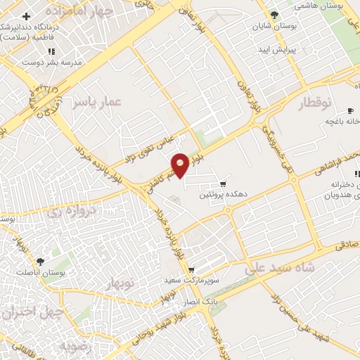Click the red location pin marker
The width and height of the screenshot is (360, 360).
(x=180, y=165)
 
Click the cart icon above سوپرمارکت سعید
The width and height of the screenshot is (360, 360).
(x=191, y=270)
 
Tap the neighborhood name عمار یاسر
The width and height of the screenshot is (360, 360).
(x=96, y=103)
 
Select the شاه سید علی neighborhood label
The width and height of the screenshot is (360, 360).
(x=277, y=268)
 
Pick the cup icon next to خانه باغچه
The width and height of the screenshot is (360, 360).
(x=350, y=111)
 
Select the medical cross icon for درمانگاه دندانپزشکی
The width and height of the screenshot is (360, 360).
(x=27, y=16)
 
